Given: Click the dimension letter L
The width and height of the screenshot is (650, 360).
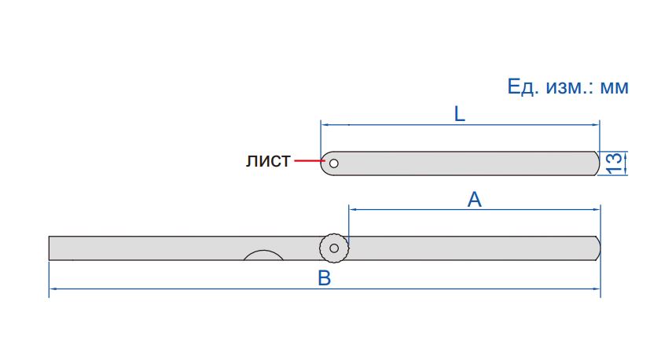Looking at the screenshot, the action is pos(460,114).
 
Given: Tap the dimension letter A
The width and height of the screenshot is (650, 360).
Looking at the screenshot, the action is pos(475,200).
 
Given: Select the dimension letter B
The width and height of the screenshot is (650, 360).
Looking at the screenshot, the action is pos(324,278).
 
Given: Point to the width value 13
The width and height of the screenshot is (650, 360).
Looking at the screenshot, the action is pos(615,163).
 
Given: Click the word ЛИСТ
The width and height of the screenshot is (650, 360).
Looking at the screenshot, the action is pos(268,161).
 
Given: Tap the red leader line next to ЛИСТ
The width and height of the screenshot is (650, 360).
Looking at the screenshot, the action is pos(309,160).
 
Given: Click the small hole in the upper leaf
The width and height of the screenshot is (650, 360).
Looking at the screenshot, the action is pos(334,163).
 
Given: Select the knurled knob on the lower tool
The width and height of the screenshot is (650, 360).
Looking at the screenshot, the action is pos(334,248).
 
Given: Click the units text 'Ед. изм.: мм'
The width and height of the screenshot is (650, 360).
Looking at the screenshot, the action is pos(568,86).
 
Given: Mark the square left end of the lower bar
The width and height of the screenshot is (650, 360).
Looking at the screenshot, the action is pos(50,248).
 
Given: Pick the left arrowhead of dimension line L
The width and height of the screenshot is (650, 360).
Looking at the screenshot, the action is pos(324,124).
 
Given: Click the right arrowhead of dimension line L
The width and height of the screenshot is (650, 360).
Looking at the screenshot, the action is pos(596,124).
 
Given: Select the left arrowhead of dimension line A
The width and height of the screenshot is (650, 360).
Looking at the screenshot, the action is pos(353,209).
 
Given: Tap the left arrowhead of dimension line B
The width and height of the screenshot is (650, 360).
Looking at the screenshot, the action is pos(53,288).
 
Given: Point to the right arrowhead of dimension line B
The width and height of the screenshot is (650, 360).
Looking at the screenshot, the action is pos(597,288).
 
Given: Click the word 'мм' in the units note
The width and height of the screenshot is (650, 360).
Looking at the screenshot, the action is pos(615,88).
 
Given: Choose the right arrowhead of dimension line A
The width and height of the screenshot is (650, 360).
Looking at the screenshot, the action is pos(597,209).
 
